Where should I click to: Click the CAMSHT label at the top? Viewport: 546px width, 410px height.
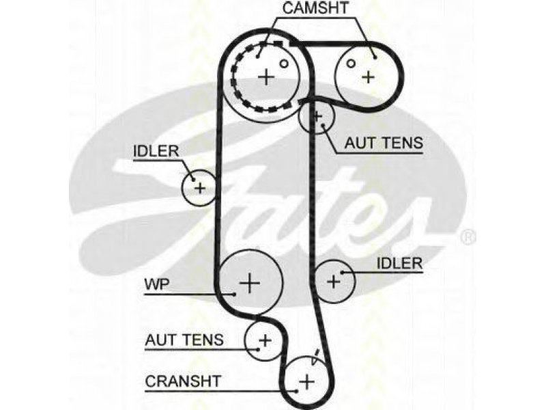[315, 8]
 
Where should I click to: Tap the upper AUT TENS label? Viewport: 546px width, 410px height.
[384, 143]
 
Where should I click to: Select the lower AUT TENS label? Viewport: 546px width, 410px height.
[184, 340]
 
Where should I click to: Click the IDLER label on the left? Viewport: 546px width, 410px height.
[156, 151]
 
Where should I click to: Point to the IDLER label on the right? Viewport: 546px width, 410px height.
[399, 263]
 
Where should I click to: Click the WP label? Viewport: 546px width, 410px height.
[157, 284]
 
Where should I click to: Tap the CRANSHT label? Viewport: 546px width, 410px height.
[183, 381]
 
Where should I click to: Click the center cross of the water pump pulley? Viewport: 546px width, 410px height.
[250, 282]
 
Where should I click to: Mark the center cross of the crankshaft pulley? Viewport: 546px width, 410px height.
[306, 381]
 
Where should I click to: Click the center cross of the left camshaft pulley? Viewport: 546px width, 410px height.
[266, 77]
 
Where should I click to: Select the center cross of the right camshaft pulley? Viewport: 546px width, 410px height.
[368, 77]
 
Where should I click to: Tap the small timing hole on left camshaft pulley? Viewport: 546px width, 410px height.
[285, 64]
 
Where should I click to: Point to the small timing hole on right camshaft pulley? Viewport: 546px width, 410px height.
[351, 64]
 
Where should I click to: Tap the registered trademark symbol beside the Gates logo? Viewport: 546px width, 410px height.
[468, 237]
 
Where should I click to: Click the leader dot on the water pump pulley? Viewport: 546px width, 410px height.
[235, 295]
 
